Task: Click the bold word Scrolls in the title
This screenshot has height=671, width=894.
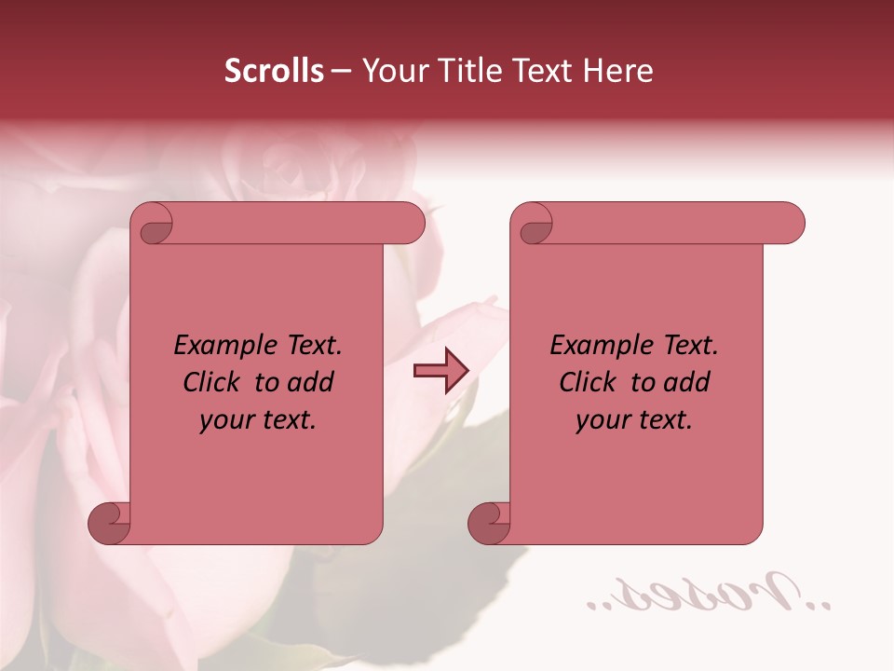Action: tap(275, 71)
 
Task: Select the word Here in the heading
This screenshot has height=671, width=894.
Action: tap(617, 71)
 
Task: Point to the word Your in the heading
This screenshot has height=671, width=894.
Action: tap(394, 71)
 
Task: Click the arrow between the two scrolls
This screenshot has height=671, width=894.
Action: tap(440, 371)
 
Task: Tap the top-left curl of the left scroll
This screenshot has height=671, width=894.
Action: tap(154, 225)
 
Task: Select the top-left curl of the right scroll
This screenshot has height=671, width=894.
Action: tap(534, 225)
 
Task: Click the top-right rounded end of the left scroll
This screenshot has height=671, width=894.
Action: tap(410, 224)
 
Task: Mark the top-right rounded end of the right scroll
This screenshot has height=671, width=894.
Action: tap(790, 224)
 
